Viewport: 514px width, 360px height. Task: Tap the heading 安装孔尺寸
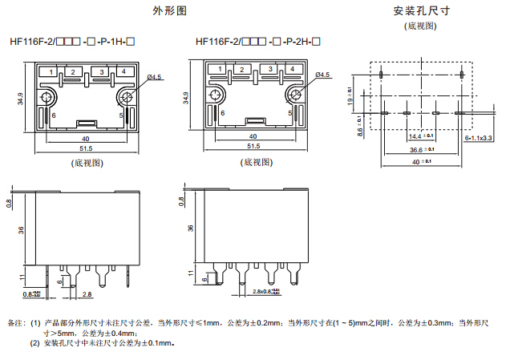coord(421,11)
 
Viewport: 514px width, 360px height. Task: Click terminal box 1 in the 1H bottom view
coord(51,72)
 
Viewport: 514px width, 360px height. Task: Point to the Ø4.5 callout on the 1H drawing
coord(154,77)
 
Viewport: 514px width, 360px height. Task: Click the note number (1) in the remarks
coord(35,323)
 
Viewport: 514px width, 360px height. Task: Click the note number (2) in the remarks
coord(35,343)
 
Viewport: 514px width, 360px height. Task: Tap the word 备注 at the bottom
coord(15,323)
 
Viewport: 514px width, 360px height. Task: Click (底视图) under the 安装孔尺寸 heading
coord(421,26)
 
